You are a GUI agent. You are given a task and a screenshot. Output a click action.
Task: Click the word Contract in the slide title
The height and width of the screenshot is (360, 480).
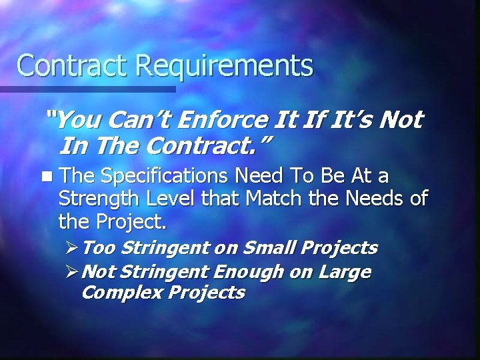73,65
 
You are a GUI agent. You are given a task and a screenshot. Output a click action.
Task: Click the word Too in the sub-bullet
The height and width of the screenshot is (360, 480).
100,249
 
